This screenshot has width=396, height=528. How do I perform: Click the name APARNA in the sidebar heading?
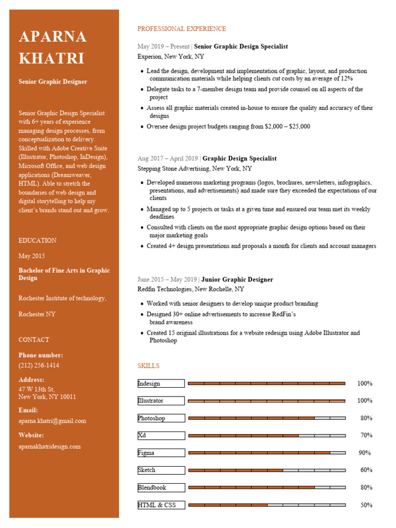[x=53, y=37]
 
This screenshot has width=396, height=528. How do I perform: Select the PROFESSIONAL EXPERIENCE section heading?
[x=181, y=29]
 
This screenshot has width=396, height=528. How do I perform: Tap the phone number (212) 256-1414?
[x=39, y=366]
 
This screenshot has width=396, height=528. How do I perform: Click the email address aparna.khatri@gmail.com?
[x=52, y=421]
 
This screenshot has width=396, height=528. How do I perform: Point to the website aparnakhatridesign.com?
[x=49, y=447]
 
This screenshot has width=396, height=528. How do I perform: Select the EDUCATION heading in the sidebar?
[x=38, y=241]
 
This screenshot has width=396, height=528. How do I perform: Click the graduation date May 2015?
[x=31, y=256]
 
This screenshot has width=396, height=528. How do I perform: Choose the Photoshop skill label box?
[x=161, y=418]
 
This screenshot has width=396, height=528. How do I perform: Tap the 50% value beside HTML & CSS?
[x=366, y=505]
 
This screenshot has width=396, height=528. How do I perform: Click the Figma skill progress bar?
[x=267, y=453]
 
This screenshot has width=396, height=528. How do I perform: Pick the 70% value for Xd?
[x=366, y=436]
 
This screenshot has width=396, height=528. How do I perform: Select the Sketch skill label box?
[x=161, y=470]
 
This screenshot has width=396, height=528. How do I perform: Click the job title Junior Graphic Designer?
[x=237, y=280]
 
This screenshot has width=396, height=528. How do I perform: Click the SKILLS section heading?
[x=148, y=366]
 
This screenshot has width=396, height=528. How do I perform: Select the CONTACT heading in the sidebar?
[x=34, y=340]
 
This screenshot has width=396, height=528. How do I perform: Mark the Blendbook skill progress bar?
[x=267, y=488]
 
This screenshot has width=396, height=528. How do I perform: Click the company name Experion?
[x=150, y=57]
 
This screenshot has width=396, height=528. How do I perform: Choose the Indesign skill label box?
[x=161, y=384]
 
